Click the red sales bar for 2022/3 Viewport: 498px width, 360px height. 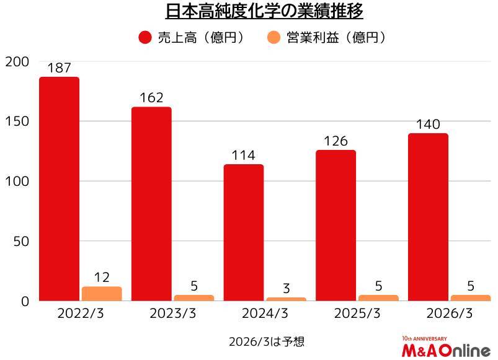pyautogui.click(x=60, y=189)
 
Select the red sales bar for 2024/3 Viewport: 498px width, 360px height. pyautogui.click(x=244, y=232)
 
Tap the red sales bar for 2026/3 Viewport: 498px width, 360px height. pyautogui.click(x=428, y=217)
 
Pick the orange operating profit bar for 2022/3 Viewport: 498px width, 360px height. pyautogui.click(x=102, y=294)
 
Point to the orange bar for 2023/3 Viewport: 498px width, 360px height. pyautogui.click(x=193, y=298)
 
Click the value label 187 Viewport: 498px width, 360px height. pyautogui.click(x=60, y=68)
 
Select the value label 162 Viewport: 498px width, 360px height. pyautogui.click(x=151, y=98)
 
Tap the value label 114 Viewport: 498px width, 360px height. pyautogui.click(x=244, y=156)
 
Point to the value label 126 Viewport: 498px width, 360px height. pyautogui.click(x=336, y=141)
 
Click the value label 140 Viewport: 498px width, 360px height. pyautogui.click(x=428, y=125)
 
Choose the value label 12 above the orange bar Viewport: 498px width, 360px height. pyautogui.click(x=102, y=278)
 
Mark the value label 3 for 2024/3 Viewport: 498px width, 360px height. pyautogui.click(x=286, y=288)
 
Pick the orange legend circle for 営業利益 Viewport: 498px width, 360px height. pyautogui.click(x=273, y=38)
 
